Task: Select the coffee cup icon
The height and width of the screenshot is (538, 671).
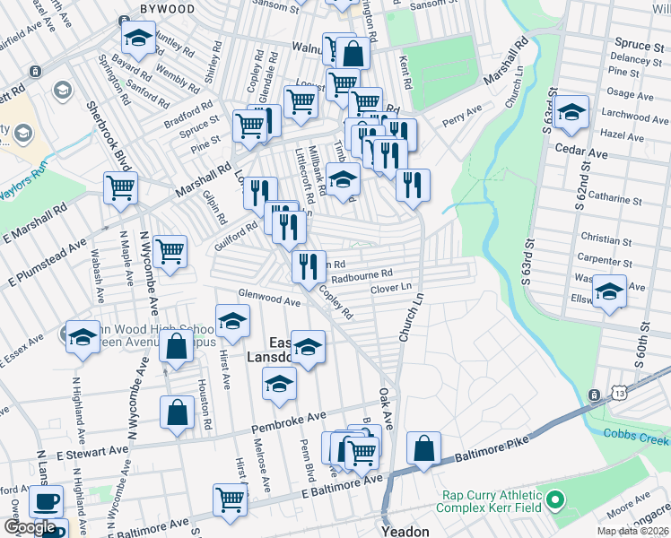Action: point(46,501)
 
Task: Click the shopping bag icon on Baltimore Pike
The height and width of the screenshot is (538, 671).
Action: point(423,448)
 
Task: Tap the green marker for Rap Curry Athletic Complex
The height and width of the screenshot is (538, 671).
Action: point(555,499)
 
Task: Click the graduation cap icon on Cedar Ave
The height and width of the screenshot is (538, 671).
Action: point(571,114)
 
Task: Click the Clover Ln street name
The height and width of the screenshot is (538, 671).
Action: point(390,289)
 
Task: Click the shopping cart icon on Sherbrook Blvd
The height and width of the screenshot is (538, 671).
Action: point(120,188)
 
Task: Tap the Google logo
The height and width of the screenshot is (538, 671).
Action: point(30,527)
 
